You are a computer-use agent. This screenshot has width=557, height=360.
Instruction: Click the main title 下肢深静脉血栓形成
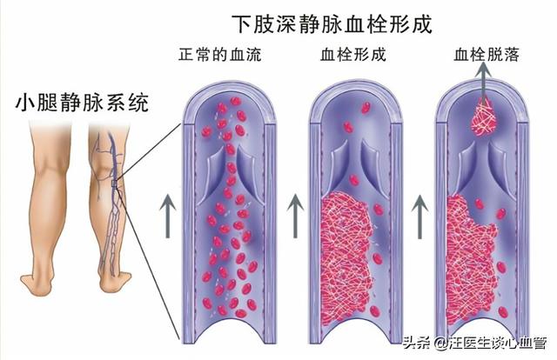[x=332, y=24]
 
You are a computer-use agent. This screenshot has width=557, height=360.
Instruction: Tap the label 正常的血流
[x=220, y=55]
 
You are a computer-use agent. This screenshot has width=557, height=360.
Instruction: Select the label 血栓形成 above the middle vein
[x=352, y=55]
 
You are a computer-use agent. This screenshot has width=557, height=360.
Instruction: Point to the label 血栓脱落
[x=487, y=55]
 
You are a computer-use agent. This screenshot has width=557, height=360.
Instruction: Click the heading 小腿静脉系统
[x=82, y=103]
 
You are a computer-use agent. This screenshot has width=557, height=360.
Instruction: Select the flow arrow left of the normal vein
[x=168, y=217]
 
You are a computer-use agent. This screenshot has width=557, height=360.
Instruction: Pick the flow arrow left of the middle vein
[x=295, y=217]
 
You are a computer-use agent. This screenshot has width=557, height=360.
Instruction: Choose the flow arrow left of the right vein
[x=419, y=217]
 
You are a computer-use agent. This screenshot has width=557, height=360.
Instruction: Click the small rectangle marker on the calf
[x=114, y=183]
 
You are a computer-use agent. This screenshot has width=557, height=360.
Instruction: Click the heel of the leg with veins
[x=113, y=283]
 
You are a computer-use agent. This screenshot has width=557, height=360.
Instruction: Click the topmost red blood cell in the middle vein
[x=366, y=108]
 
